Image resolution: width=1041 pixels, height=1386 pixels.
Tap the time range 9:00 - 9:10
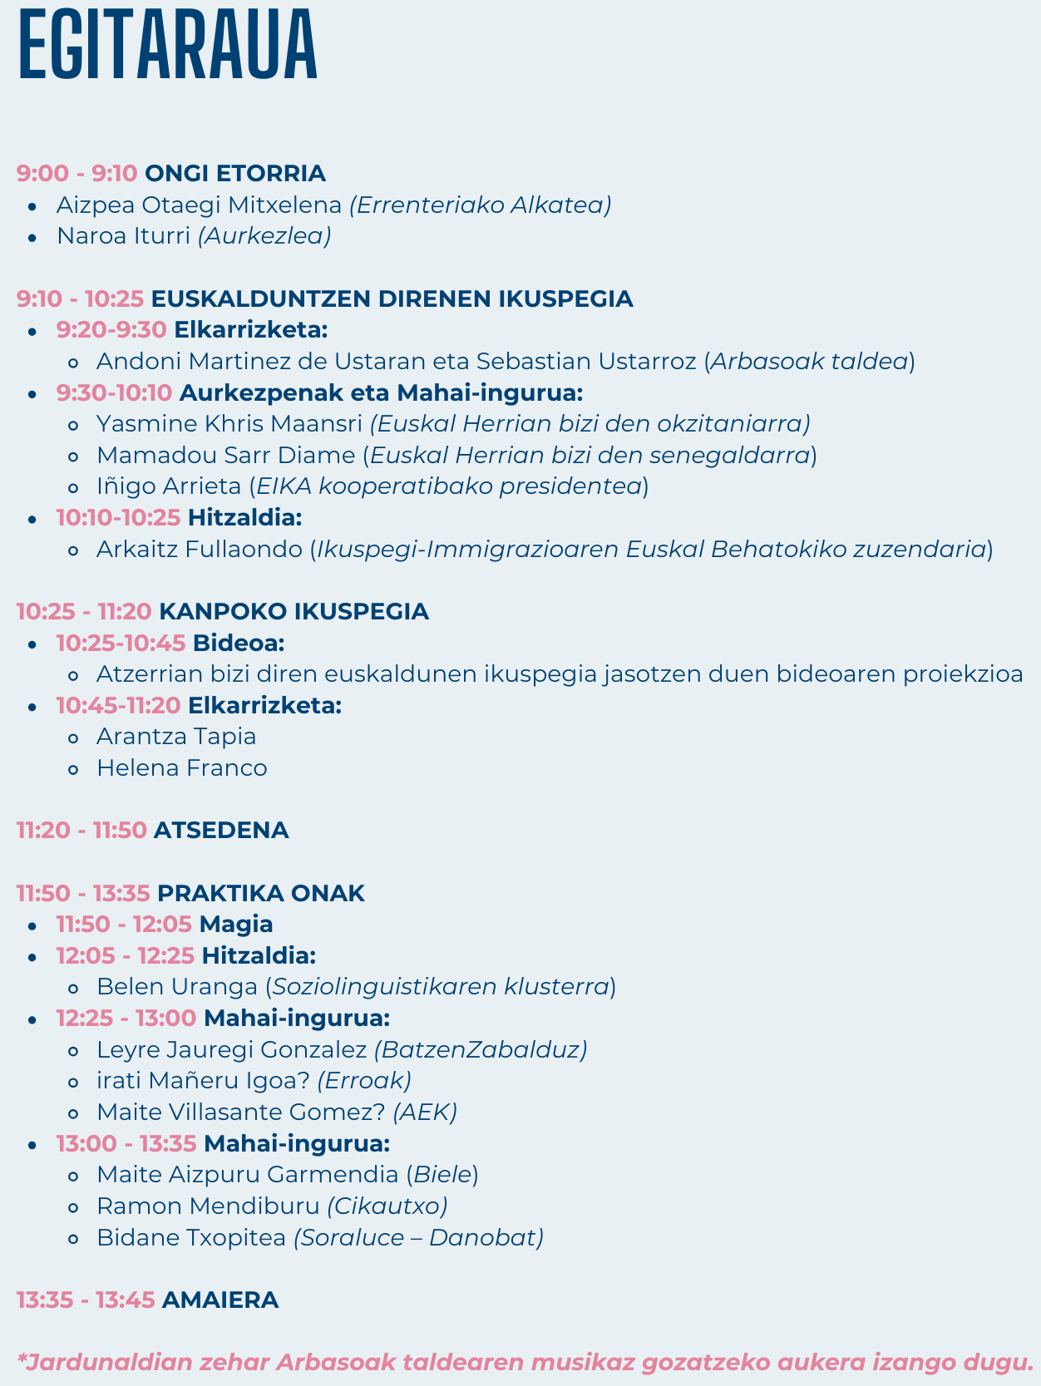click(x=76, y=174)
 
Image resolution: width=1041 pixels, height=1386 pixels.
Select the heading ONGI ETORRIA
click(x=235, y=174)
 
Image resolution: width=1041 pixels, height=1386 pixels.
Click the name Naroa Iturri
click(x=123, y=236)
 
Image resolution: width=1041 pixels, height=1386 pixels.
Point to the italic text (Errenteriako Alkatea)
click(x=481, y=205)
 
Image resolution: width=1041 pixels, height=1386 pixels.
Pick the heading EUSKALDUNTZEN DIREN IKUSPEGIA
click(x=392, y=298)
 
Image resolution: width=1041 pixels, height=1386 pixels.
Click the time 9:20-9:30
click(x=111, y=330)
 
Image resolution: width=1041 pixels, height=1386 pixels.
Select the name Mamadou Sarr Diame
click(x=225, y=456)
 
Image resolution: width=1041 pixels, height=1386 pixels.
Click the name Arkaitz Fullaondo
click(x=200, y=550)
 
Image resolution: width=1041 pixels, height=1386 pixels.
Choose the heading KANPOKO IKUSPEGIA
click(x=294, y=612)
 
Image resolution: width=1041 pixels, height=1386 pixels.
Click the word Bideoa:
click(x=239, y=643)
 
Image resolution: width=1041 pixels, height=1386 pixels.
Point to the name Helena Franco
click(x=182, y=768)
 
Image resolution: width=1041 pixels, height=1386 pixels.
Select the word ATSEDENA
click(x=221, y=831)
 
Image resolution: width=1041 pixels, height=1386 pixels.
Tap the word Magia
click(x=236, y=925)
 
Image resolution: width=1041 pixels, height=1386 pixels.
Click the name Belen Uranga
click(x=177, y=987)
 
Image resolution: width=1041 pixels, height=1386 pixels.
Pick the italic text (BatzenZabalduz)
click(x=481, y=1050)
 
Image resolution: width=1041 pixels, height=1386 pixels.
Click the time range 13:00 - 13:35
click(x=126, y=1144)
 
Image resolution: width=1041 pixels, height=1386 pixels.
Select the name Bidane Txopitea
click(x=191, y=1238)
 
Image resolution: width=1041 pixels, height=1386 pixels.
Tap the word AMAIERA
click(x=220, y=1300)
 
